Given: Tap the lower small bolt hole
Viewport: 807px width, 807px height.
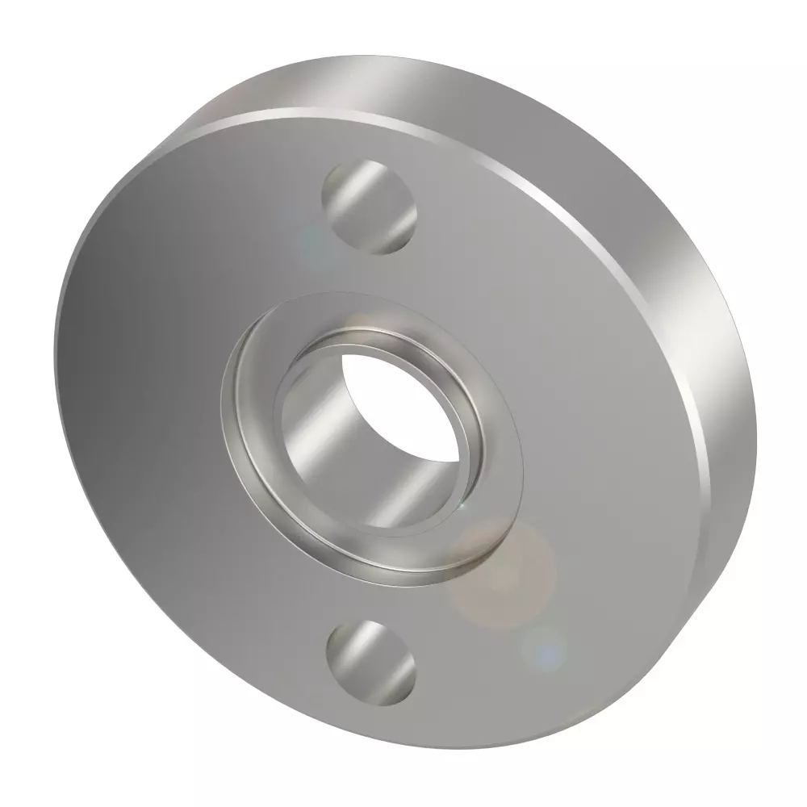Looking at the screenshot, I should [x=371, y=659].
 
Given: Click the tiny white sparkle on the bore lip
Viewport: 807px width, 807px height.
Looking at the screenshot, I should [x=461, y=504].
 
